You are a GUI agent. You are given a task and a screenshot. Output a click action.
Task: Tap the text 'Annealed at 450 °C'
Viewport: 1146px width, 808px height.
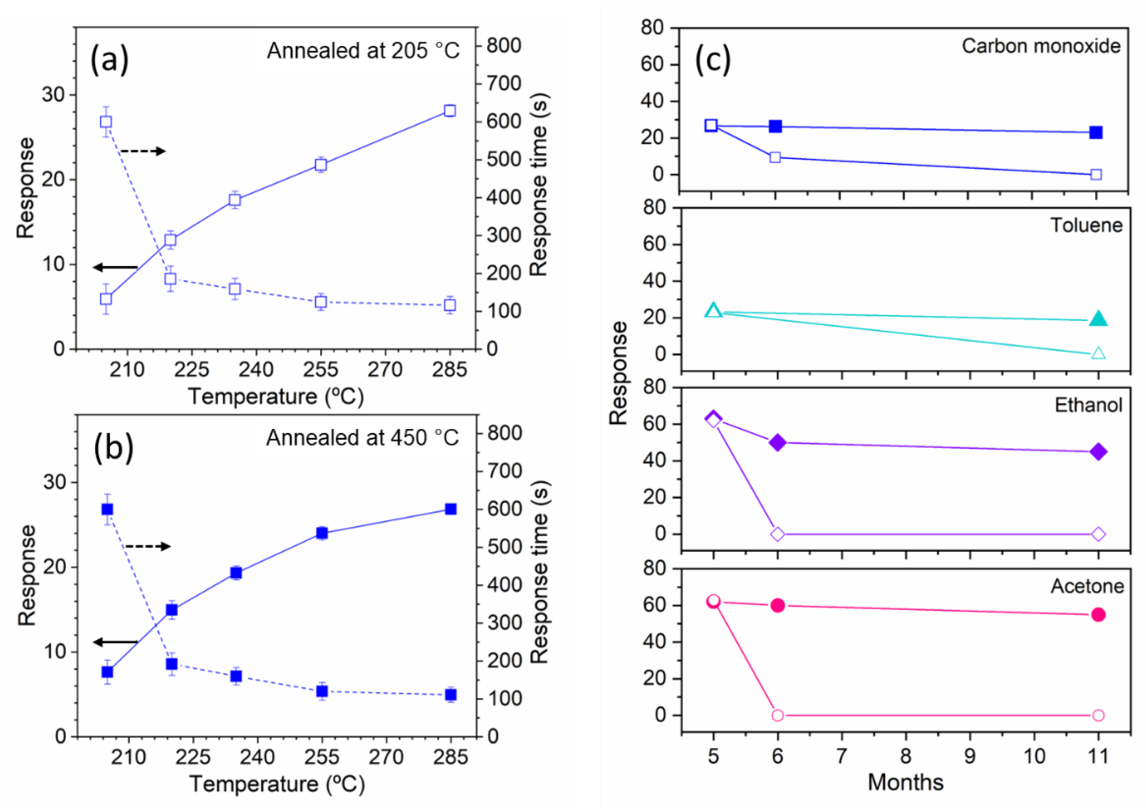(x=362, y=438)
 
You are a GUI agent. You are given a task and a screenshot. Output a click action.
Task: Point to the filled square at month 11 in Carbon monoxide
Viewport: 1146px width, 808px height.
(x=1096, y=132)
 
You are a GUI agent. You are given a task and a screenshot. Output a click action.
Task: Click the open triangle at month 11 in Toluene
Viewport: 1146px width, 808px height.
(x=1098, y=353)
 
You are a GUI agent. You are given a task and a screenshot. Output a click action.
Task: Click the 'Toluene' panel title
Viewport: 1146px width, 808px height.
(x=1086, y=226)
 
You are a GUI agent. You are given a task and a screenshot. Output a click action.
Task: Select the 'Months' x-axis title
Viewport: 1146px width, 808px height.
(x=905, y=782)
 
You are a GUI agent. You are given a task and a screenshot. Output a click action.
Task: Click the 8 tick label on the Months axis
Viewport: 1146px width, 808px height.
(x=905, y=756)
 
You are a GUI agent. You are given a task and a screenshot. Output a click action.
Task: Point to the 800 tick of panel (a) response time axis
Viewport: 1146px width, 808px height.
(x=504, y=46)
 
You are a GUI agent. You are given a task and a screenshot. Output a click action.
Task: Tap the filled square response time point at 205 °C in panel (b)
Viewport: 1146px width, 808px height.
(x=107, y=509)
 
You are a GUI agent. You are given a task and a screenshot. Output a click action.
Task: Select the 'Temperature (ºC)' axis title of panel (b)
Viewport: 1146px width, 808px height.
(x=277, y=784)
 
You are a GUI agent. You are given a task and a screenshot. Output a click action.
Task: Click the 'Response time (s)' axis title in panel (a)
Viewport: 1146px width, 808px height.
(x=539, y=185)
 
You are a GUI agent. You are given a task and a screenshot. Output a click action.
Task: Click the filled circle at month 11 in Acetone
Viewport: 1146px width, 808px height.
(x=1098, y=615)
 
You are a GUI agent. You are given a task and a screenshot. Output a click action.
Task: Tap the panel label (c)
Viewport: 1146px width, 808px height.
(x=713, y=61)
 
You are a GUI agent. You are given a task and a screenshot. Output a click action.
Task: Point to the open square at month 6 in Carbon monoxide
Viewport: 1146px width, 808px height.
(x=775, y=157)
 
